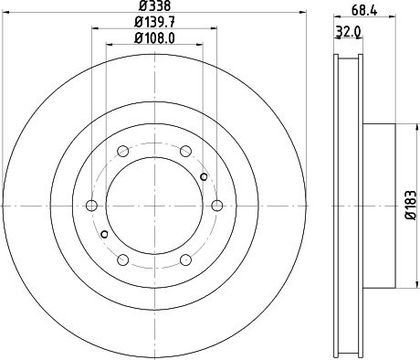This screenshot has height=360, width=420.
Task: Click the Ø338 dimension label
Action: coord(155,6)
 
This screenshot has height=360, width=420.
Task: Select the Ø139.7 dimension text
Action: coord(155,22)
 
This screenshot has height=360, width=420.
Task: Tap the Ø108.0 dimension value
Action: coord(155,38)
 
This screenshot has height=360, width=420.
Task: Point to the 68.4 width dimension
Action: coord(364,11)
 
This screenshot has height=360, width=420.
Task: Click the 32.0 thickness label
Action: coord(348,32)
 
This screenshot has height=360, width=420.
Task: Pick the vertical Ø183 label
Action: coord(411,205)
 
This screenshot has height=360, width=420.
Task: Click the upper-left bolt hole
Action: coord(123,151)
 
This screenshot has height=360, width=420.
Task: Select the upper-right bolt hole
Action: coord(186,151)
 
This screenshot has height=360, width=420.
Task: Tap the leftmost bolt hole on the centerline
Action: coord(92,206)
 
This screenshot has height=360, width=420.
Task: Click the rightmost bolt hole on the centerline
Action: coord(217,206)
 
